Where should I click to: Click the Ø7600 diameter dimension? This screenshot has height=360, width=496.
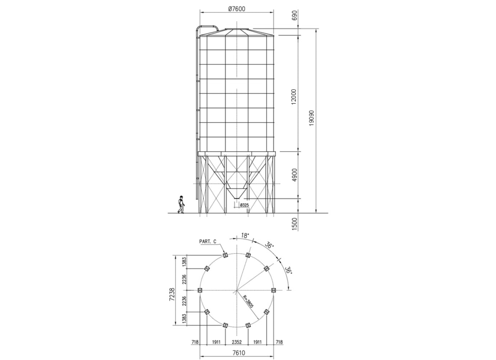click(237, 9)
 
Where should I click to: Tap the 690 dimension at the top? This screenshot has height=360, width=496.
click(295, 15)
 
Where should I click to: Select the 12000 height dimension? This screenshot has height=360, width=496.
click(293, 97)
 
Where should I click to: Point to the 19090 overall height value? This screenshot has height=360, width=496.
click(311, 118)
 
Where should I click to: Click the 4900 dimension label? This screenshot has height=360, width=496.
click(295, 175)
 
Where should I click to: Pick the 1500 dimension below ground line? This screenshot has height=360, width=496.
click(294, 224)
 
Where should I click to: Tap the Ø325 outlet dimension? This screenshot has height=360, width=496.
click(244, 205)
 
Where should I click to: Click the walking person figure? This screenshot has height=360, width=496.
click(181, 204)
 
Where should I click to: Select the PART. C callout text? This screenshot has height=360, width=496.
click(208, 242)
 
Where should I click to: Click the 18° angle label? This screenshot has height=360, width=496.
click(245, 235)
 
